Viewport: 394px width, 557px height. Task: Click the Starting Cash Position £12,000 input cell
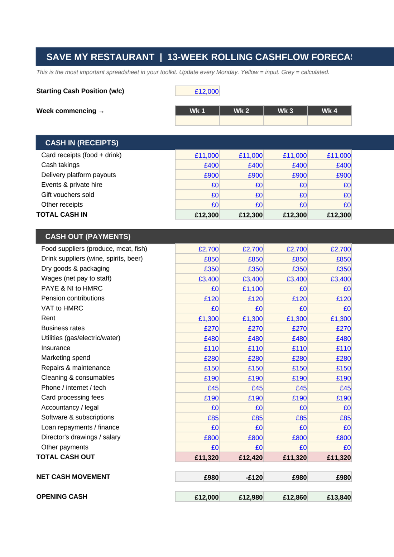coord(197,91)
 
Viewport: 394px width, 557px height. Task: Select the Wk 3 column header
coord(285,111)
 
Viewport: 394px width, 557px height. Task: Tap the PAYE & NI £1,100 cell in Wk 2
coord(241,289)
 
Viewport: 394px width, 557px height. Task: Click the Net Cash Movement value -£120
coord(241,477)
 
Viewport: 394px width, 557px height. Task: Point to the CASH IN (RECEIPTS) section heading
coord(82,143)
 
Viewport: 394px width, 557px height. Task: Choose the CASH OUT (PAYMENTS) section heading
coord(88,236)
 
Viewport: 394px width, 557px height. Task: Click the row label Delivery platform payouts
coord(78,175)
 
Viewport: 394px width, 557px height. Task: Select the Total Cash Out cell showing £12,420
coord(241,457)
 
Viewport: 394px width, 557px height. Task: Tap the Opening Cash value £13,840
coord(330,497)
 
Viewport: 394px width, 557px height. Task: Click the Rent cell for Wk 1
coord(197,318)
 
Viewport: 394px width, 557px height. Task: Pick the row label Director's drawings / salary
coord(81,437)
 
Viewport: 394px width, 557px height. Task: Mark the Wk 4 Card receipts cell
coord(330,155)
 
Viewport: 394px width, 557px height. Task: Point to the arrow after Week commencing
coord(101,112)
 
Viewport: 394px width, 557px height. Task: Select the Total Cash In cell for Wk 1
coord(197,215)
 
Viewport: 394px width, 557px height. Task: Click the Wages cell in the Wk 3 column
coord(285,279)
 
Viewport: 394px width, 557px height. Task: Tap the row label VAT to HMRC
coord(62,308)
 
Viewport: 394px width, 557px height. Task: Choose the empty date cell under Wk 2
coord(241,121)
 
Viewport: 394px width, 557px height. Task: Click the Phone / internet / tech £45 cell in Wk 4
coord(330,388)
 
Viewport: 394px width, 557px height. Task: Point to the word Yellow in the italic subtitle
coord(249,72)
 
